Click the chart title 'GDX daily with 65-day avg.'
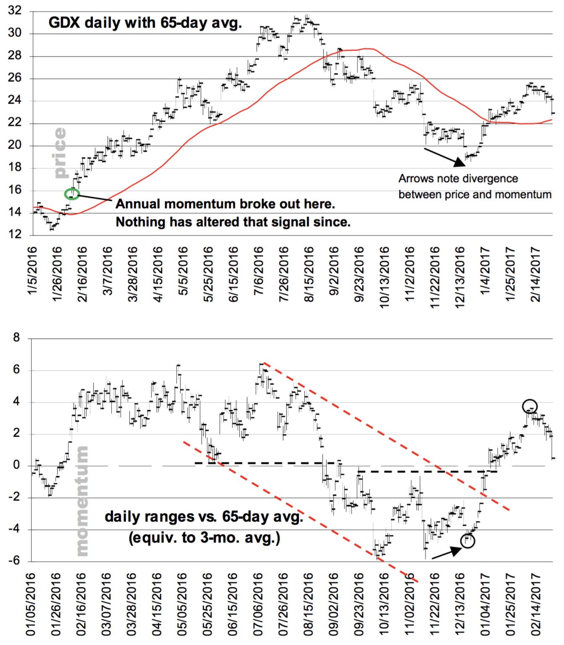click(145, 22)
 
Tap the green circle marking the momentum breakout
click(72, 194)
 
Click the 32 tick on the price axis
click(15, 10)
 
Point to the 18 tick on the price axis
click(15, 167)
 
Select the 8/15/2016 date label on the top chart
click(309, 274)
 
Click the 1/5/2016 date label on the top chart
click(32, 274)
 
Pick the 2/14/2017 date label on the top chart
click(535, 274)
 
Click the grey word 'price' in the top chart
click(60, 153)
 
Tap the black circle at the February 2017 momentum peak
click(530, 406)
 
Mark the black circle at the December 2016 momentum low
click(467, 540)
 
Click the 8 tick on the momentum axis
click(16, 338)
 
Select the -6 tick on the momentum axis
click(14, 561)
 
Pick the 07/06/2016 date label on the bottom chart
click(258, 605)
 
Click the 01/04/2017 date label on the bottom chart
click(485, 605)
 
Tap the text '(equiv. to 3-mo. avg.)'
click(204, 537)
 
